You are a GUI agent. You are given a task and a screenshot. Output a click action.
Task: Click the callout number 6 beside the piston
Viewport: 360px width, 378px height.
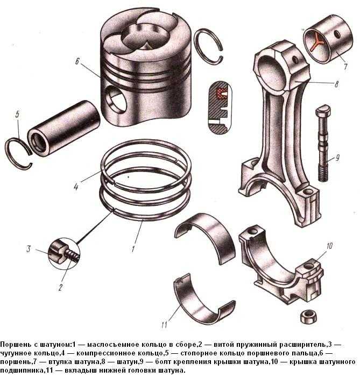coord(77,61)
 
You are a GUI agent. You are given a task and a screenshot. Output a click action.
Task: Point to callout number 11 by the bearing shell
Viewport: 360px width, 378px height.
coord(164,325)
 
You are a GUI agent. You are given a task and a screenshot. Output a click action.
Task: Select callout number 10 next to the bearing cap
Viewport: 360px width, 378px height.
coord(329,246)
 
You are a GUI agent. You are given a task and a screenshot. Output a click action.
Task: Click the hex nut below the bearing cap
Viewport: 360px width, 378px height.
coord(308,316)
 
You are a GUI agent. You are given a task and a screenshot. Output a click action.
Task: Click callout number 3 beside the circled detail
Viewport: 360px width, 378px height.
coord(29,249)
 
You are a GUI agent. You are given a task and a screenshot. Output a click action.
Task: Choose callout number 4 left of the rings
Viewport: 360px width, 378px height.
coord(76,187)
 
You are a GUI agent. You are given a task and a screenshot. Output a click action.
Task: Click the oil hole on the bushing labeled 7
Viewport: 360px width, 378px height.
coord(337,34)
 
